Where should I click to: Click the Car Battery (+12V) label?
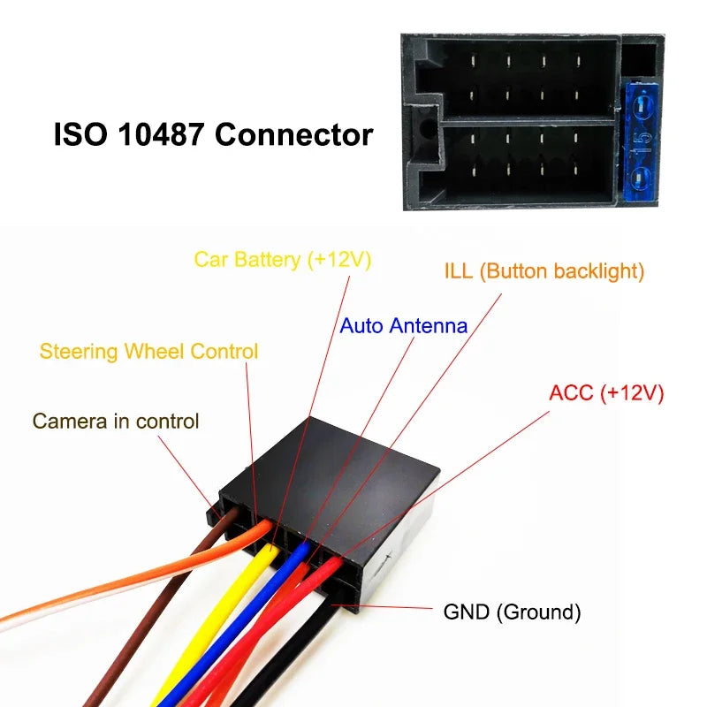coord(283,260)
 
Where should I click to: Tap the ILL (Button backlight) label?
coord(544,271)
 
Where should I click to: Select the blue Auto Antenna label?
coord(403,325)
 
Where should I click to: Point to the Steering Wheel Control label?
coord(148,352)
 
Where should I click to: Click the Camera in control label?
coord(116,422)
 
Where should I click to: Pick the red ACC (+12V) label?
coord(605,393)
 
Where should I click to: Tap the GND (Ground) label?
coord(511,612)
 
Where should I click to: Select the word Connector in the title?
coord(294,135)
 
